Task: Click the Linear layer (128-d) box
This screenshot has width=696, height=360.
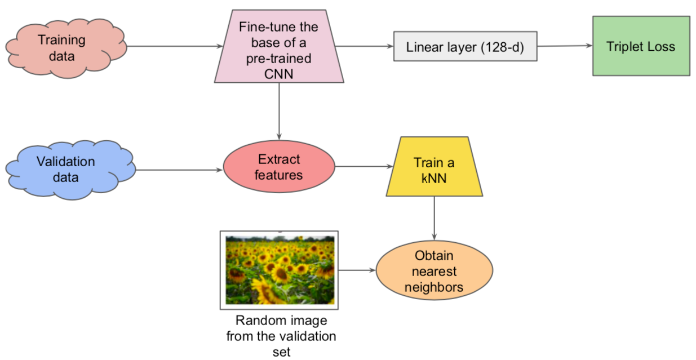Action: (x=464, y=47)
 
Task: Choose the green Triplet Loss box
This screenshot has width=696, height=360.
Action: (x=641, y=46)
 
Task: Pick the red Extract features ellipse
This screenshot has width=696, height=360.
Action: (x=279, y=167)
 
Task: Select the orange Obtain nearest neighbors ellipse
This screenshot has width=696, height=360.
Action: (x=434, y=271)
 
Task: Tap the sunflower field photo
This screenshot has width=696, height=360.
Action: (x=280, y=270)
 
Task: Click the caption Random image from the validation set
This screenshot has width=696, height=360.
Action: (x=281, y=336)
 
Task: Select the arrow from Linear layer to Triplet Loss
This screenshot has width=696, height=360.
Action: (x=564, y=46)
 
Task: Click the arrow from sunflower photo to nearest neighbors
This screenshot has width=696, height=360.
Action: (x=357, y=270)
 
